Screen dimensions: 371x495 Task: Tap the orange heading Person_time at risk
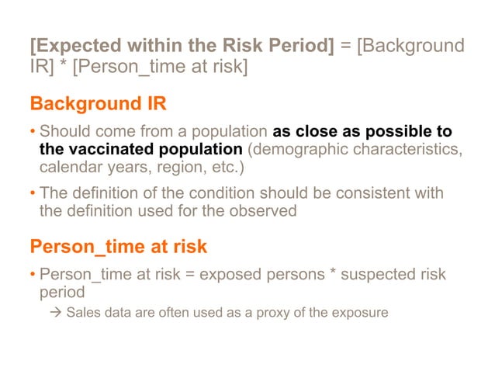point(118,247)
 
